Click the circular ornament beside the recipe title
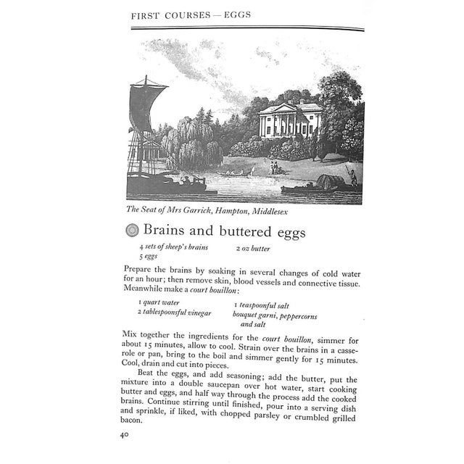pyautogui.click(x=131, y=231)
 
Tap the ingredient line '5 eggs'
pyautogui.click(x=149, y=257)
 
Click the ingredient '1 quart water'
pyautogui.click(x=159, y=302)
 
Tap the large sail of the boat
pyautogui.click(x=148, y=109)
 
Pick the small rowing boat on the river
pyautogui.click(x=239, y=172)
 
